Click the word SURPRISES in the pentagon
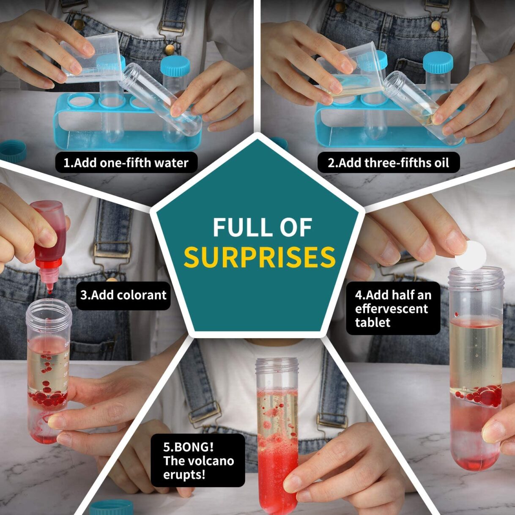260,257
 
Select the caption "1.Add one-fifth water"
126,163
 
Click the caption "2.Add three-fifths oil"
388,163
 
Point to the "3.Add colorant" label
123,295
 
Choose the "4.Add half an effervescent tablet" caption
392,308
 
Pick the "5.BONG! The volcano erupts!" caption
198,460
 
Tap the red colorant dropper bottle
50,237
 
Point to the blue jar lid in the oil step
438,62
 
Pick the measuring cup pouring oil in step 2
351,72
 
